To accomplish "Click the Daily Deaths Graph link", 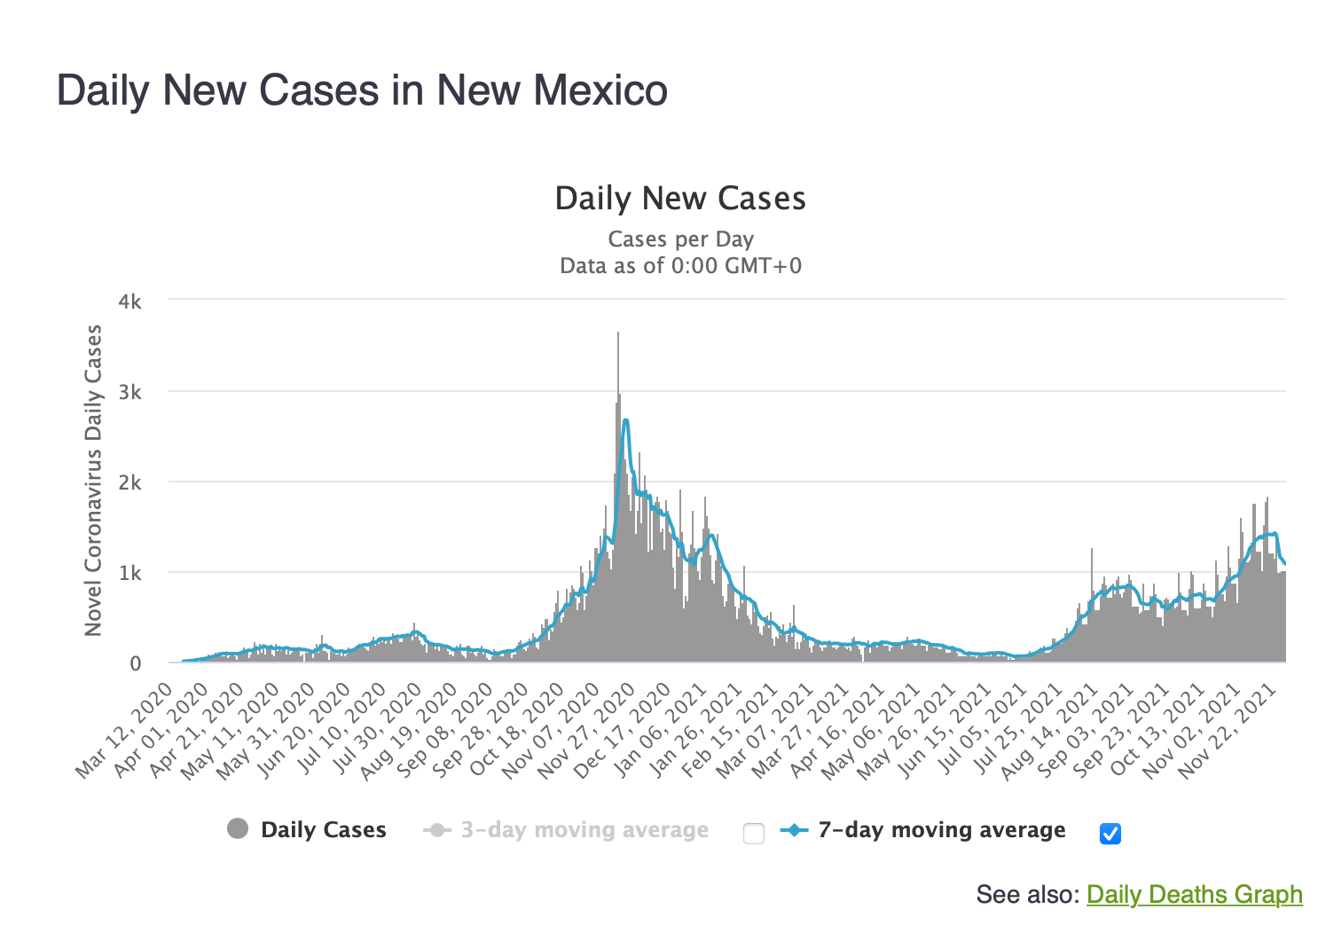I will tap(1194, 894).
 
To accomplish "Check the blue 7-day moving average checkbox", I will tap(1110, 833).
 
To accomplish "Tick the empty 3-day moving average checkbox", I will tap(754, 833).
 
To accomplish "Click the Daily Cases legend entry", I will tap(323, 830).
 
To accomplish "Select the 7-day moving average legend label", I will tap(941, 830).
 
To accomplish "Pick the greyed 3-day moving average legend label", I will tap(584, 830).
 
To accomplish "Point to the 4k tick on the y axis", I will tap(129, 302).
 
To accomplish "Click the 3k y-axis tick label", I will tap(129, 392).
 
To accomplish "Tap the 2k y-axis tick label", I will tap(129, 482).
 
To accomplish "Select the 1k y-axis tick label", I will tap(129, 573).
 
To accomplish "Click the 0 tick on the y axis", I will tap(135, 663).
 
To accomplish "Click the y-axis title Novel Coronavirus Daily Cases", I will tap(93, 480).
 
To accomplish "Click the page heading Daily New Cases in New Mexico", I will tap(362, 90).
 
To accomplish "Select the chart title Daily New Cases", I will tap(680, 199).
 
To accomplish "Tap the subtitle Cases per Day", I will tap(680, 239).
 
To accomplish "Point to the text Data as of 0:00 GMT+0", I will tap(680, 266).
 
